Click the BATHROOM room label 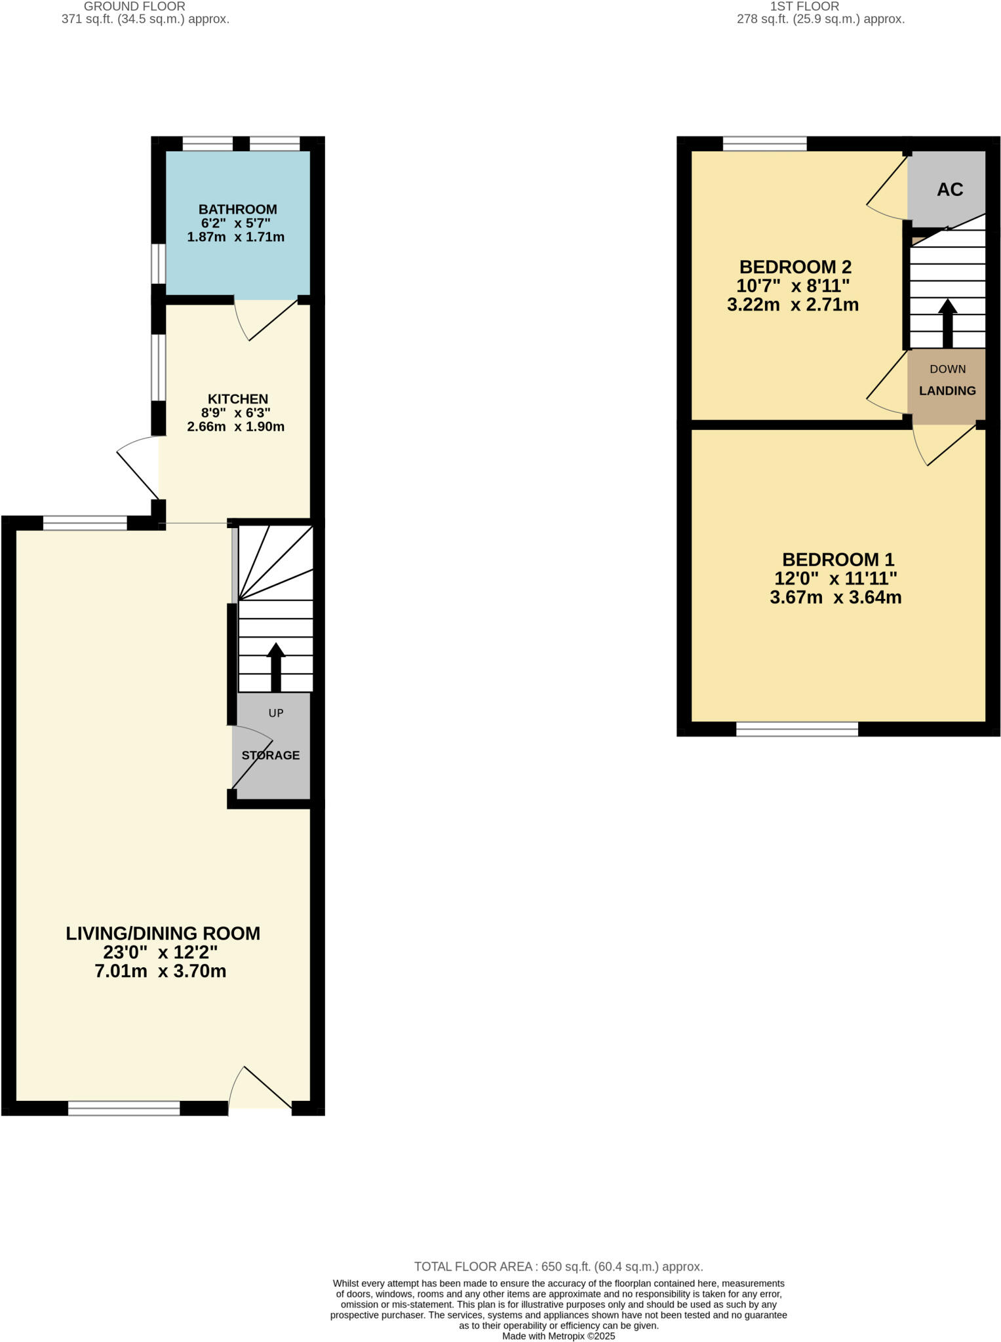237,210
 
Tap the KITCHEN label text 237,399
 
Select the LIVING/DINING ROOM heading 163,934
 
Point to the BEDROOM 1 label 838,560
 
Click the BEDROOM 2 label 795,267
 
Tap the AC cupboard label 949,190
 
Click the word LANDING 947,391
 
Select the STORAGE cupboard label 270,756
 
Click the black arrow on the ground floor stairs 276,666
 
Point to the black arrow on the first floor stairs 947,323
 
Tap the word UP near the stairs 276,713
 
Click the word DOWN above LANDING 947,370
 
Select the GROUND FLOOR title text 134,7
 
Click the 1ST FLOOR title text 804,7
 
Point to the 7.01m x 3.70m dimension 161,971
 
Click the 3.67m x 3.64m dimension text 835,598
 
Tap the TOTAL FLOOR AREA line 558,1267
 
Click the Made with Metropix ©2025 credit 558,1336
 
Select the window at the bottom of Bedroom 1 796,729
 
